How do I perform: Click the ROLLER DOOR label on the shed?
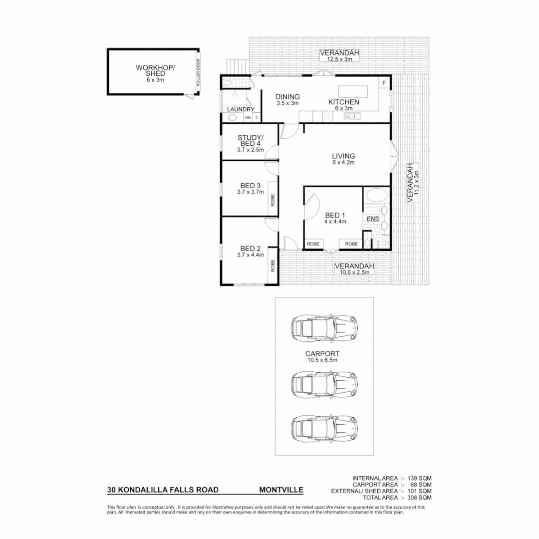pyautogui.click(x=198, y=73)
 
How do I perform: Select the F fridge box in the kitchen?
pyautogui.click(x=384, y=82)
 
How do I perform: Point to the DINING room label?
pyautogui.click(x=287, y=97)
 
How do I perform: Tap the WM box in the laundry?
pyautogui.click(x=247, y=118)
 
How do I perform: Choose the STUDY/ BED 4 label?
pyautogui.click(x=250, y=141)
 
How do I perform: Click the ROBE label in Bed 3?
pyautogui.click(x=272, y=200)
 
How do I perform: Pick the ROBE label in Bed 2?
pyautogui.click(x=272, y=266)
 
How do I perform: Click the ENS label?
pyautogui.click(x=372, y=219)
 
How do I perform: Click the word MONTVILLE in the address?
pyautogui.click(x=281, y=490)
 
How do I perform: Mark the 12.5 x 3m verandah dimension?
pyautogui.click(x=340, y=59)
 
